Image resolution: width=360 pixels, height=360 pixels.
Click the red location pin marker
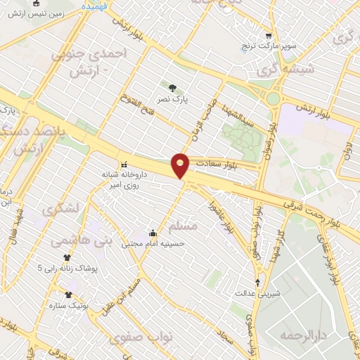click(181, 165)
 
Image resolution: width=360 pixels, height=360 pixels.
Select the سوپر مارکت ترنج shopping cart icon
click(268, 37)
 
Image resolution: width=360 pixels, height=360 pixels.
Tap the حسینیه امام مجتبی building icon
click(153, 233)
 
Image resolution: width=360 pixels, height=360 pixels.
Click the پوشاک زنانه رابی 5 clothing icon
click(67, 258)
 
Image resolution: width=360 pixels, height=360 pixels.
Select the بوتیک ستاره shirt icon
click(69, 295)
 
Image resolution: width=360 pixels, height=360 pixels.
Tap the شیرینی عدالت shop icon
click(257, 283)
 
